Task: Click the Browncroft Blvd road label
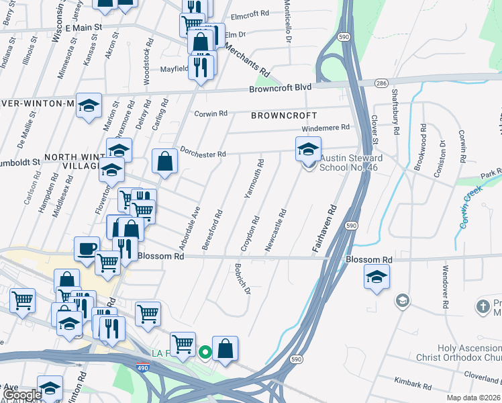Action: click(281, 88)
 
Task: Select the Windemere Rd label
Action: click(326, 127)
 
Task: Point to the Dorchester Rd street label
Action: click(202, 154)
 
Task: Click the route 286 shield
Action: click(381, 83)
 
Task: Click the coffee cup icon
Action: click(87, 248)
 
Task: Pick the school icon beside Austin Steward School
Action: click(309, 148)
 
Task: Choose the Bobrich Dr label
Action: click(242, 281)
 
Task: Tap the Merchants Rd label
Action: click(246, 62)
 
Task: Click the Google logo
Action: click(21, 395)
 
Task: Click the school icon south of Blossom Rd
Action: click(376, 276)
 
